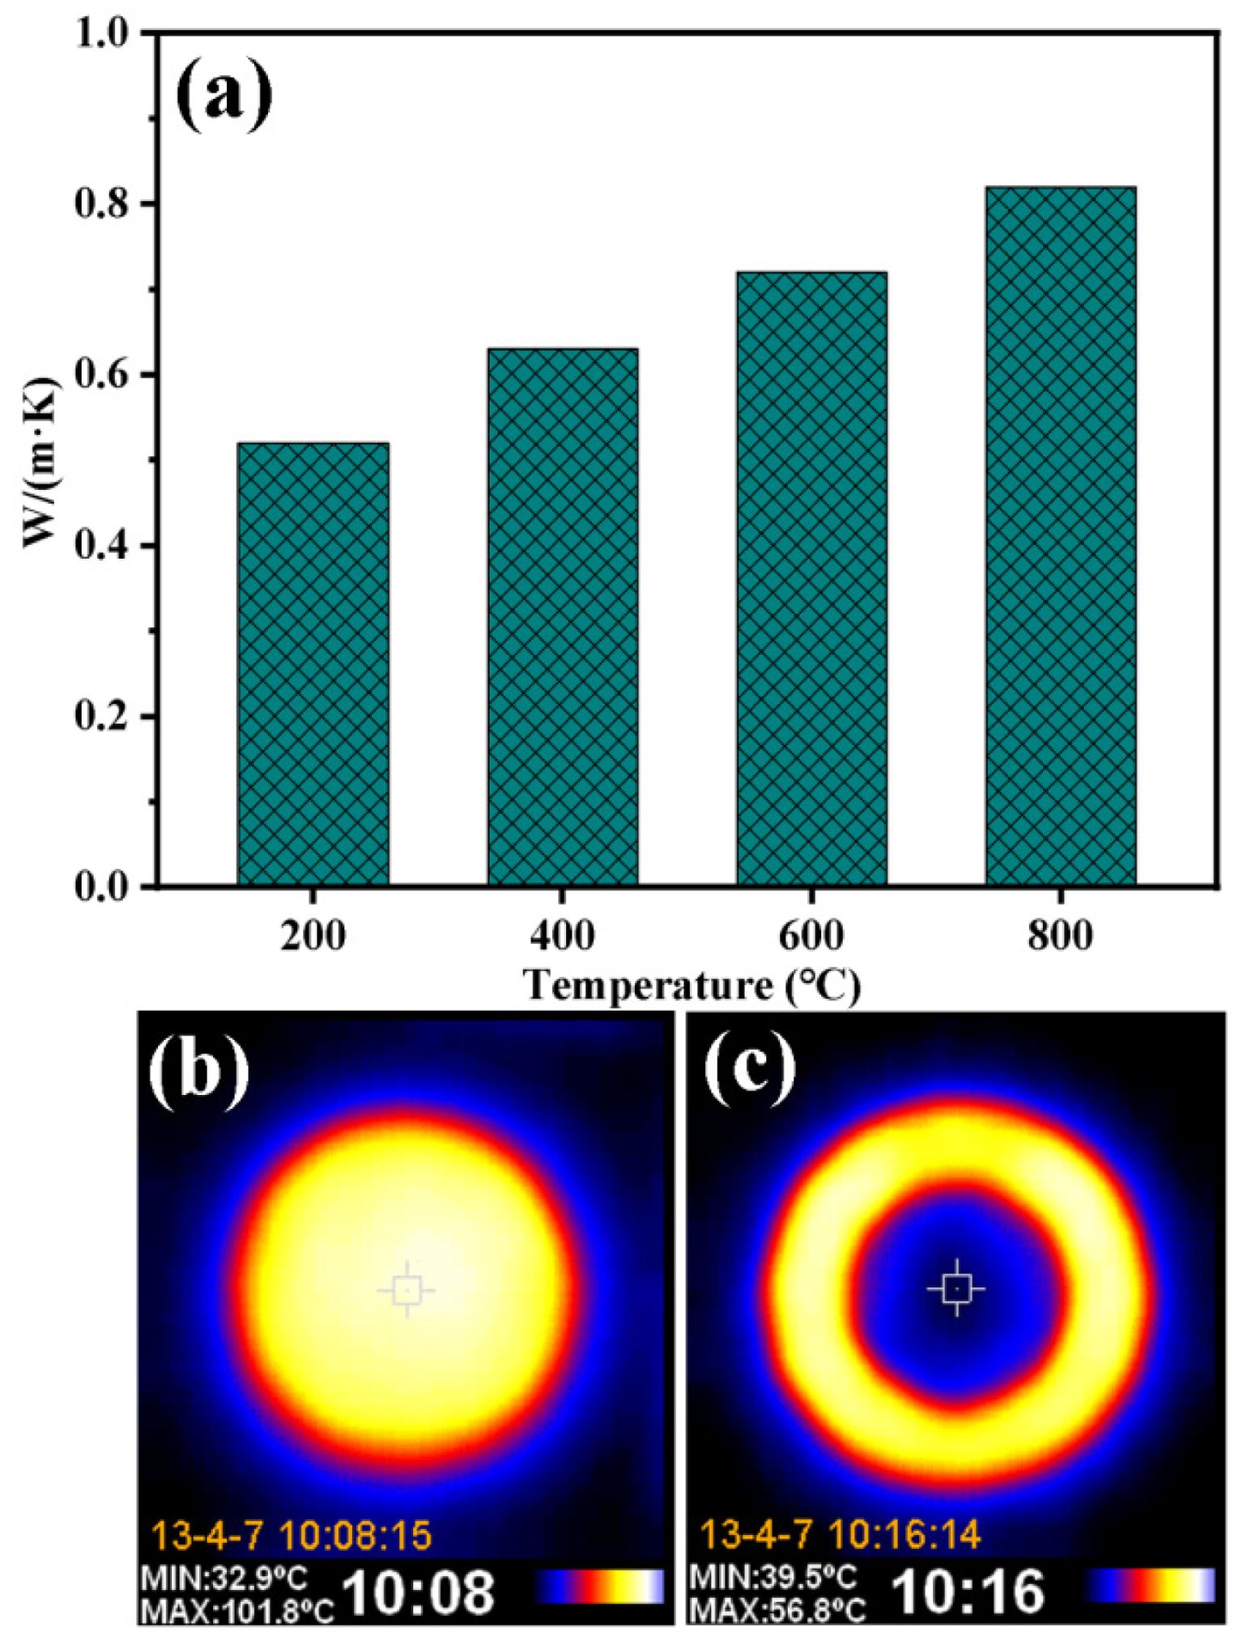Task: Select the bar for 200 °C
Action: pyautogui.click(x=313, y=663)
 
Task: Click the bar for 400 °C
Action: pyautogui.click(x=562, y=616)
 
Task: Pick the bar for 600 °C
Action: pyautogui.click(x=811, y=578)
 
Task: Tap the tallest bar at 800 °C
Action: pyautogui.click(x=1061, y=535)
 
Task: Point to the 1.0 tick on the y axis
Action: pyautogui.click(x=104, y=34)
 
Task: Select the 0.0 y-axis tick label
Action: pyautogui.click(x=104, y=887)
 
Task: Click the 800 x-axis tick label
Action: pyautogui.click(x=1061, y=936)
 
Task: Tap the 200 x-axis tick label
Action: pyautogui.click(x=313, y=936)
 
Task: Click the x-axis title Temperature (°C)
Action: pyautogui.click(x=692, y=987)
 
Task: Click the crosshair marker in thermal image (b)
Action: pyautogui.click(x=406, y=1289)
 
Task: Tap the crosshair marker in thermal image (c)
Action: pyautogui.click(x=956, y=1288)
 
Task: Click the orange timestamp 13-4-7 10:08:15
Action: pyautogui.click(x=292, y=1535)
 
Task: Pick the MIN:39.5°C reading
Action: pyautogui.click(x=773, y=1577)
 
